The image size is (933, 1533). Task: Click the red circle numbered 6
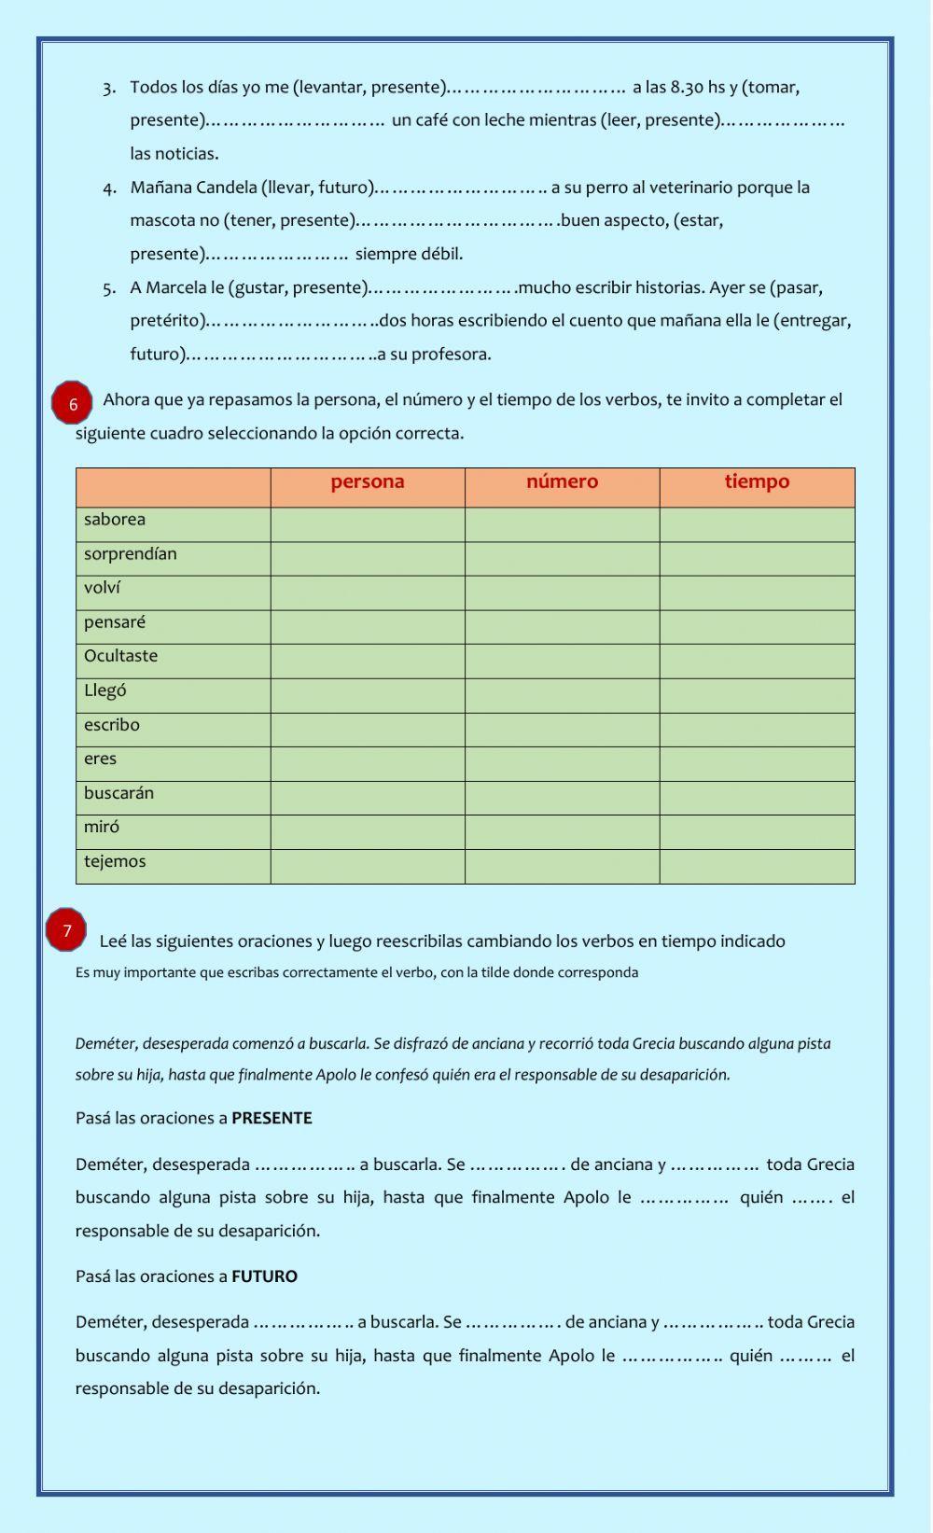click(x=72, y=404)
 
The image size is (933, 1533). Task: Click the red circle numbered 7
click(x=66, y=930)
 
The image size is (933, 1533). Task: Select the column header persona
click(x=368, y=482)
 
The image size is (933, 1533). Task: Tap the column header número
click(x=562, y=482)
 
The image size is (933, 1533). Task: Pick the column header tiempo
click(x=757, y=482)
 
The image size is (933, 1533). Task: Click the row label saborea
click(x=115, y=520)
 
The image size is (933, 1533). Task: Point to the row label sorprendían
click(x=130, y=554)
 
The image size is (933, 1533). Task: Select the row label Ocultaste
click(x=120, y=656)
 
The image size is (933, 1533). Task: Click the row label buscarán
click(x=118, y=793)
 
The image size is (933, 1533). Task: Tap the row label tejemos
click(x=115, y=861)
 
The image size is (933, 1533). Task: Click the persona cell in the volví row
click(x=368, y=592)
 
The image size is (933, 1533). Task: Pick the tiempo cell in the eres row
click(x=757, y=763)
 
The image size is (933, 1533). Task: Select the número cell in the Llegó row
click(x=562, y=695)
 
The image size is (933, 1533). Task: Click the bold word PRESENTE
click(x=272, y=1118)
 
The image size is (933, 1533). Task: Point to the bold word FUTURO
click(x=264, y=1276)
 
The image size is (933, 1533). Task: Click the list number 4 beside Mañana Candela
click(x=109, y=188)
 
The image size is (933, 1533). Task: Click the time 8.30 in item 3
click(x=687, y=88)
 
